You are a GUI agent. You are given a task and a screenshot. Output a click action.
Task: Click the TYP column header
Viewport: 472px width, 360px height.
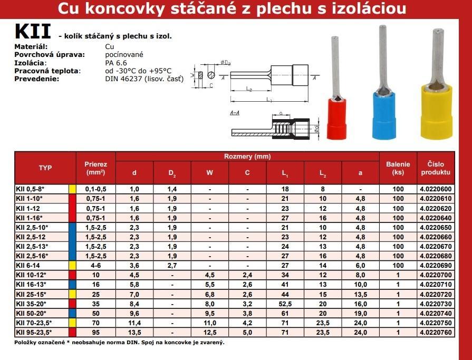point(45,168)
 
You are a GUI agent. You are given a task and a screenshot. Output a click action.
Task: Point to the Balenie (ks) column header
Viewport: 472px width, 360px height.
point(398,168)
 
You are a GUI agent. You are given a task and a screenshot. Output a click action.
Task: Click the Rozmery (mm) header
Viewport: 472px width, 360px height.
point(247,157)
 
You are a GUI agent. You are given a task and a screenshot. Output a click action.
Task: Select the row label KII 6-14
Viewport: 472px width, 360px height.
point(29,265)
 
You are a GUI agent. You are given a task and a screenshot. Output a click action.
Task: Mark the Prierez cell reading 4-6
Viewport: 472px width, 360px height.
point(96,265)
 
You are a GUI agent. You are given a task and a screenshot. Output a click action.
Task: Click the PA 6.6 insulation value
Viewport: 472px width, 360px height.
point(116,63)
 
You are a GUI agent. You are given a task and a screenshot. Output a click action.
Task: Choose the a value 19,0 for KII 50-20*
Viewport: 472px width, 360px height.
point(361,313)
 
